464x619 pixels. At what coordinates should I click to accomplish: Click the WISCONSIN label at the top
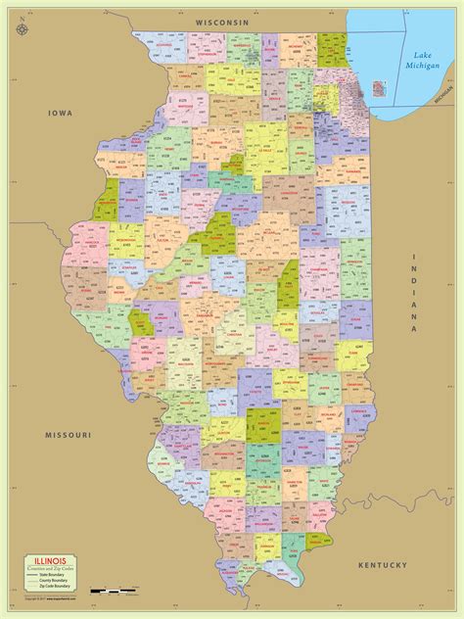coord(222,22)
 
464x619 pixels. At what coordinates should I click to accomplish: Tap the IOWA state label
coord(61,115)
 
